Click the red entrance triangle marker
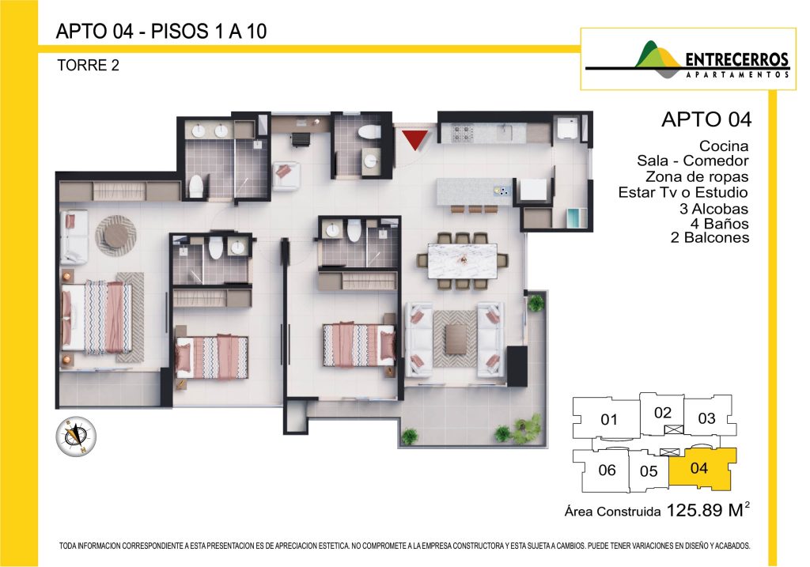[x=414, y=139]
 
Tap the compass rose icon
[x=76, y=437]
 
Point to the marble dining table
[x=462, y=261]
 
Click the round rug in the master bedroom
[x=115, y=236]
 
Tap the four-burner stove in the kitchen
[x=463, y=133]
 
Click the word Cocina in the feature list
[x=723, y=146]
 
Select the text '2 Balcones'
[x=710, y=237]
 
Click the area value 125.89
[x=695, y=510]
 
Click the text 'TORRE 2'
[x=88, y=66]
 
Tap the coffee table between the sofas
[x=455, y=338]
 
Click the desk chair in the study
[x=301, y=139]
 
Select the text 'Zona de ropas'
[x=697, y=176]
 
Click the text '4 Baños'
[x=719, y=224]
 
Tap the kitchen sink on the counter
[x=505, y=132]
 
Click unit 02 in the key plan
[x=662, y=413]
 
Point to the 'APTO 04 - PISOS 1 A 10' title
[x=161, y=32]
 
